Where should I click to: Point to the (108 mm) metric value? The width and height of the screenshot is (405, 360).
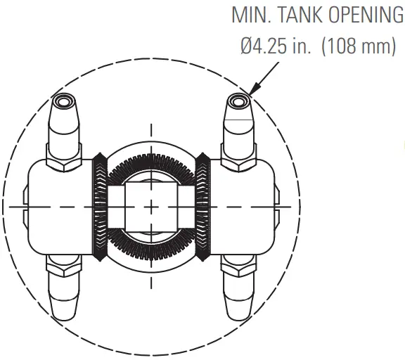359,46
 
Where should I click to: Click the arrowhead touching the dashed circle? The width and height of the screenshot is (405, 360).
254,89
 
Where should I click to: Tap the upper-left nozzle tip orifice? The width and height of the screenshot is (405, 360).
63,101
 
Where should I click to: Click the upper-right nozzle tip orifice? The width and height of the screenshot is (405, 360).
237,101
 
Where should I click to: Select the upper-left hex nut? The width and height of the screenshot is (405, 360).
64,157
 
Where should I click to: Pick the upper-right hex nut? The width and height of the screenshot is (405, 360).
238,157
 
